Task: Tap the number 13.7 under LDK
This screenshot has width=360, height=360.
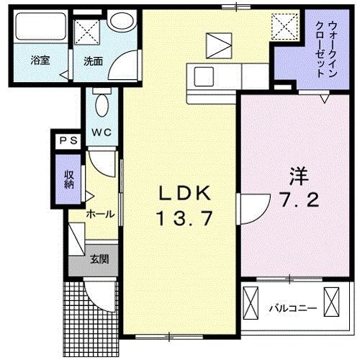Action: (x=184, y=218)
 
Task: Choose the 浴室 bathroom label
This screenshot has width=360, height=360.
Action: (x=39, y=60)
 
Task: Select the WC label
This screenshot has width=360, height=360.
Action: (x=101, y=132)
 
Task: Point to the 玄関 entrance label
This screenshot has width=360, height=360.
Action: (x=99, y=258)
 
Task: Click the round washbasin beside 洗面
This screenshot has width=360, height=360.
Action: (x=121, y=22)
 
